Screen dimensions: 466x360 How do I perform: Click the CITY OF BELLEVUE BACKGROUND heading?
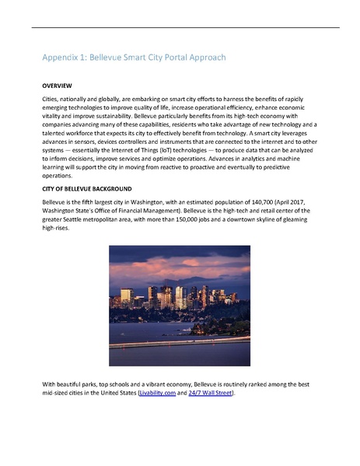[x=86, y=189]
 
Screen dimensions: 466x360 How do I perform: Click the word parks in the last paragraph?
[x=96, y=384]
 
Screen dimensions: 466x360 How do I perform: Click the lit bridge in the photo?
[x=180, y=339]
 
